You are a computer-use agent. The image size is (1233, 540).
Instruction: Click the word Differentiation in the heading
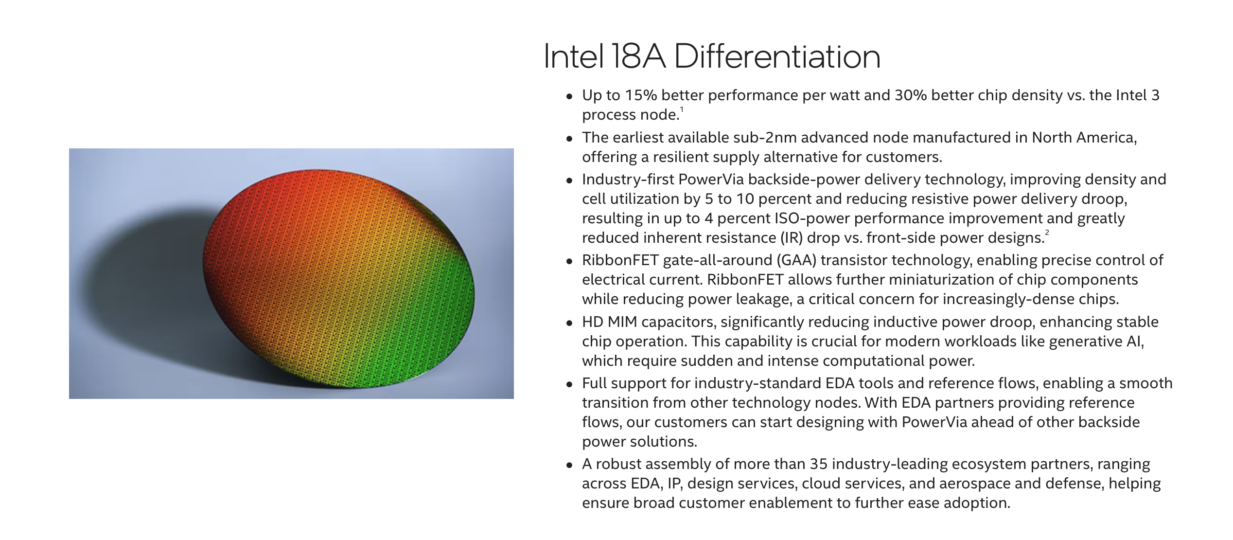point(777,56)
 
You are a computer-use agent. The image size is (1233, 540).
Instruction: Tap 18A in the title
point(637,56)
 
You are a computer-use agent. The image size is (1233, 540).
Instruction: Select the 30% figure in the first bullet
point(911,95)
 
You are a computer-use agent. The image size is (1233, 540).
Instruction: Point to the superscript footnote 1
point(682,109)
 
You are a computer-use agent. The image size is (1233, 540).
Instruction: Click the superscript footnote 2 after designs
point(1047,233)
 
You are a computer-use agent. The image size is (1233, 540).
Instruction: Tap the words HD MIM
point(609,322)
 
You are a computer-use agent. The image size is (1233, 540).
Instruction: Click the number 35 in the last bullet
point(818,464)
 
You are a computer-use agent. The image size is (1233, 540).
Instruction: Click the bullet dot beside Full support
point(569,384)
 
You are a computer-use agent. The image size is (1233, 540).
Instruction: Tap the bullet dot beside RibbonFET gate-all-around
point(569,261)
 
